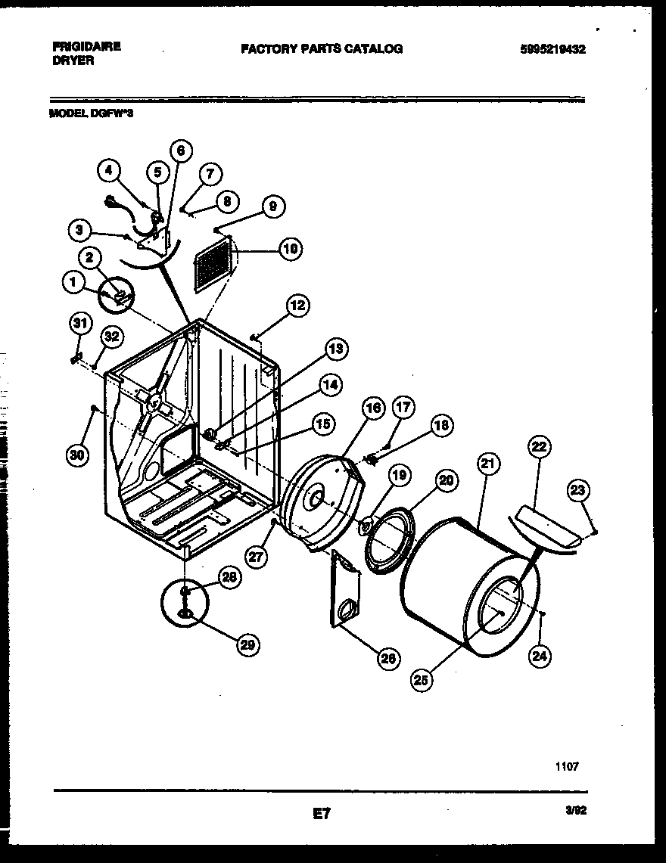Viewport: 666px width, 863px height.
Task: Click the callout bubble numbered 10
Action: click(x=290, y=248)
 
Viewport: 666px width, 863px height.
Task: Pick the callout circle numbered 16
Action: click(x=373, y=409)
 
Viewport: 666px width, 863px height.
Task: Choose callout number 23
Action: click(x=578, y=492)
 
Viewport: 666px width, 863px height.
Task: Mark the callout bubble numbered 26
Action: click(x=388, y=659)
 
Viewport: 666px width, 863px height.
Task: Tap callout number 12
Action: click(x=298, y=305)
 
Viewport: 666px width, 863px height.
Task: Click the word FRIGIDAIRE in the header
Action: click(x=87, y=46)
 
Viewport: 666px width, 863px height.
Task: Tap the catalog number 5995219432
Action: click(x=553, y=49)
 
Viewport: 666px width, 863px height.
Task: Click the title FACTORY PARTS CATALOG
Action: click(x=322, y=48)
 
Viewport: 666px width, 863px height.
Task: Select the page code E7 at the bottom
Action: click(x=322, y=815)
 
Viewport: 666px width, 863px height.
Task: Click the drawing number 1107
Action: click(x=568, y=765)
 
